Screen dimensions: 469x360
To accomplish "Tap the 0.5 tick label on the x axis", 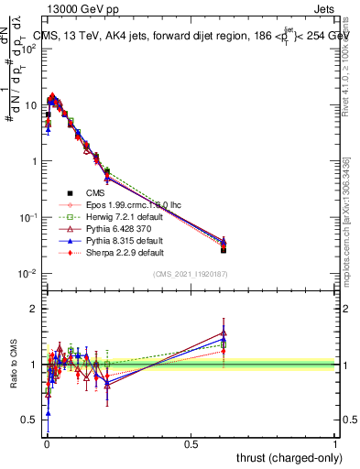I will tap(191, 443).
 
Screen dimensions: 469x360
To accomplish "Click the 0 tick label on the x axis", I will tap(46, 443).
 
